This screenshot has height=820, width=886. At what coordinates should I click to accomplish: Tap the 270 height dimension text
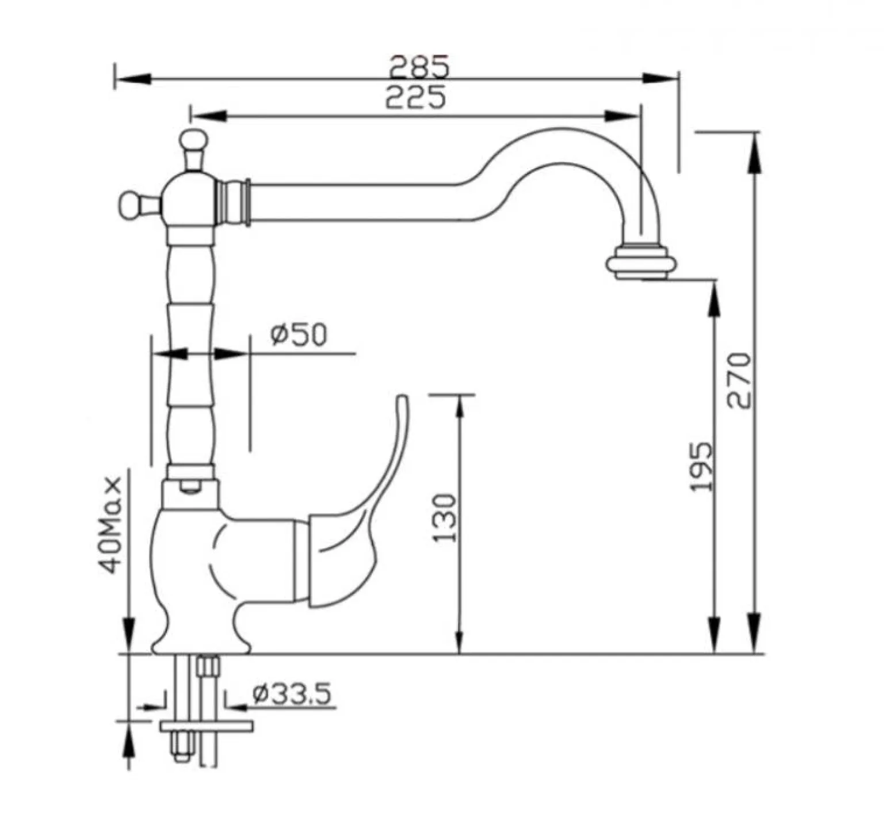tap(739, 380)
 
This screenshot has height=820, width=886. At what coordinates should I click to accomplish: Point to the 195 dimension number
tap(701, 467)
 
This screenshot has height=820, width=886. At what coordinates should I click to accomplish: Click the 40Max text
tap(110, 524)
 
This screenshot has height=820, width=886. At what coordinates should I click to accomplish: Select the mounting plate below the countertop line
tap(206, 726)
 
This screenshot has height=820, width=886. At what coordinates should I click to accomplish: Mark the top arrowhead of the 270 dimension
tap(755, 151)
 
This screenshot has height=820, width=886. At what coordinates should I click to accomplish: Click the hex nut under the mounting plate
tap(181, 747)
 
